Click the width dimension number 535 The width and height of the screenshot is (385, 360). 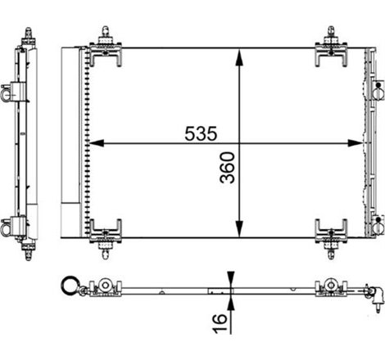[198, 130]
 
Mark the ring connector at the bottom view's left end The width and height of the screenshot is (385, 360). [68, 287]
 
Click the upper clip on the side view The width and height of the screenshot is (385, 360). [13, 92]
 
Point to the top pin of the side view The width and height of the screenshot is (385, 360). [29, 34]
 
